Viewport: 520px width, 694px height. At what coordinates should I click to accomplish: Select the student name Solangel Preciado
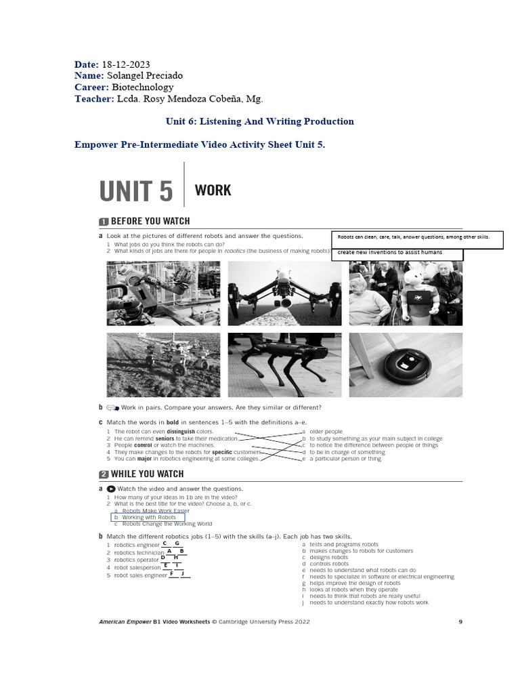pyautogui.click(x=144, y=75)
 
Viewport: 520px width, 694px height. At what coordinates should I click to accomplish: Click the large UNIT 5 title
pyautogui.click(x=136, y=192)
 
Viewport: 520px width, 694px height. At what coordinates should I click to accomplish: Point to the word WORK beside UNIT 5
pyautogui.click(x=213, y=190)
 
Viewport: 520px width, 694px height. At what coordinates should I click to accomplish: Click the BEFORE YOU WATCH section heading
pyautogui.click(x=150, y=221)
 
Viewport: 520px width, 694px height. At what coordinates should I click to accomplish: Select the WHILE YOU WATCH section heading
pyautogui.click(x=147, y=474)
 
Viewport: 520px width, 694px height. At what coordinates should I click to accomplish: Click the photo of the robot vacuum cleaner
pyautogui.click(x=406, y=365)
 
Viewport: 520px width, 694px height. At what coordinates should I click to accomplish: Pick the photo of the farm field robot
pyautogui.click(x=163, y=365)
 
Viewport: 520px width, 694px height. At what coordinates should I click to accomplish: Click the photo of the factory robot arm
pyautogui.click(x=163, y=293)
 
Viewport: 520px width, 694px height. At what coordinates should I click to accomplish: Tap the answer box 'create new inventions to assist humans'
pyautogui.click(x=397, y=253)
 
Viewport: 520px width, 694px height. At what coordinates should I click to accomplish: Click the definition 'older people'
pyautogui.click(x=326, y=431)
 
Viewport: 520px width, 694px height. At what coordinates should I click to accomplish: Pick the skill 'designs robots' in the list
pyautogui.click(x=329, y=557)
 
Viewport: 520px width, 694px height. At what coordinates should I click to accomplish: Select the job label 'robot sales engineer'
pyautogui.click(x=140, y=575)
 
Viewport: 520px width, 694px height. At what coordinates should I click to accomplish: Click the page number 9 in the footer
pyautogui.click(x=460, y=621)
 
